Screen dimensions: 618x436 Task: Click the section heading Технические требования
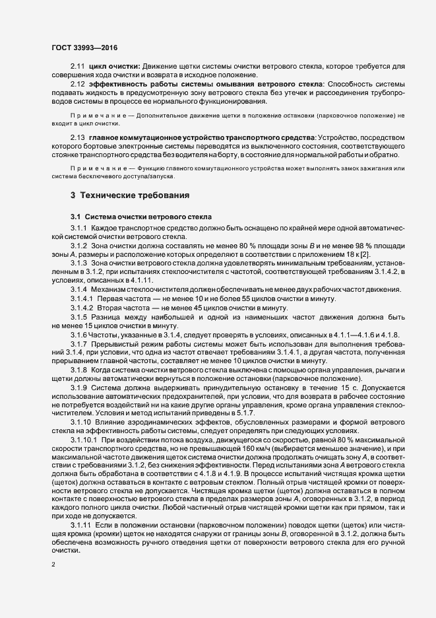(135, 196)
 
